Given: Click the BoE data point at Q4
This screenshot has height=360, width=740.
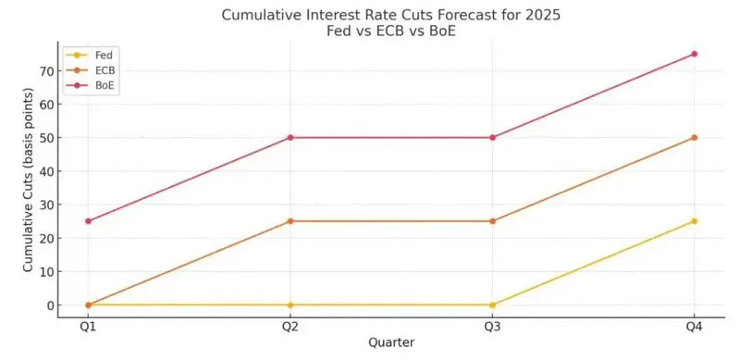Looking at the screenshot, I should click(694, 54).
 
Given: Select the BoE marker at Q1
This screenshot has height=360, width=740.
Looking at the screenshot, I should click(88, 221).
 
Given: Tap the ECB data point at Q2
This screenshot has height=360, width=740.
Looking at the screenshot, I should click(290, 221).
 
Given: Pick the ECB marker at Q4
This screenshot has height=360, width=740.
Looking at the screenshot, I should click(694, 137).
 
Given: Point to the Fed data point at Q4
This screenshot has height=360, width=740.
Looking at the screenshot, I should click(694, 221).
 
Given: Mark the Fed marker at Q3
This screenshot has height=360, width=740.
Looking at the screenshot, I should click(492, 304).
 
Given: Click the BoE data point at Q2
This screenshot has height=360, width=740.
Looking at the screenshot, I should click(290, 137).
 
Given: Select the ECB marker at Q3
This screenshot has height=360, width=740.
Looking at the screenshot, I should click(492, 221).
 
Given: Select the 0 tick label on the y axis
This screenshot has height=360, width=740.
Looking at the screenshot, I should click(46, 305).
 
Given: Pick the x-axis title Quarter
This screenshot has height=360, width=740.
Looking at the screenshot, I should click(390, 342).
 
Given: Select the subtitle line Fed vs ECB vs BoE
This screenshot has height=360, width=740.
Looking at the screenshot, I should click(390, 31).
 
